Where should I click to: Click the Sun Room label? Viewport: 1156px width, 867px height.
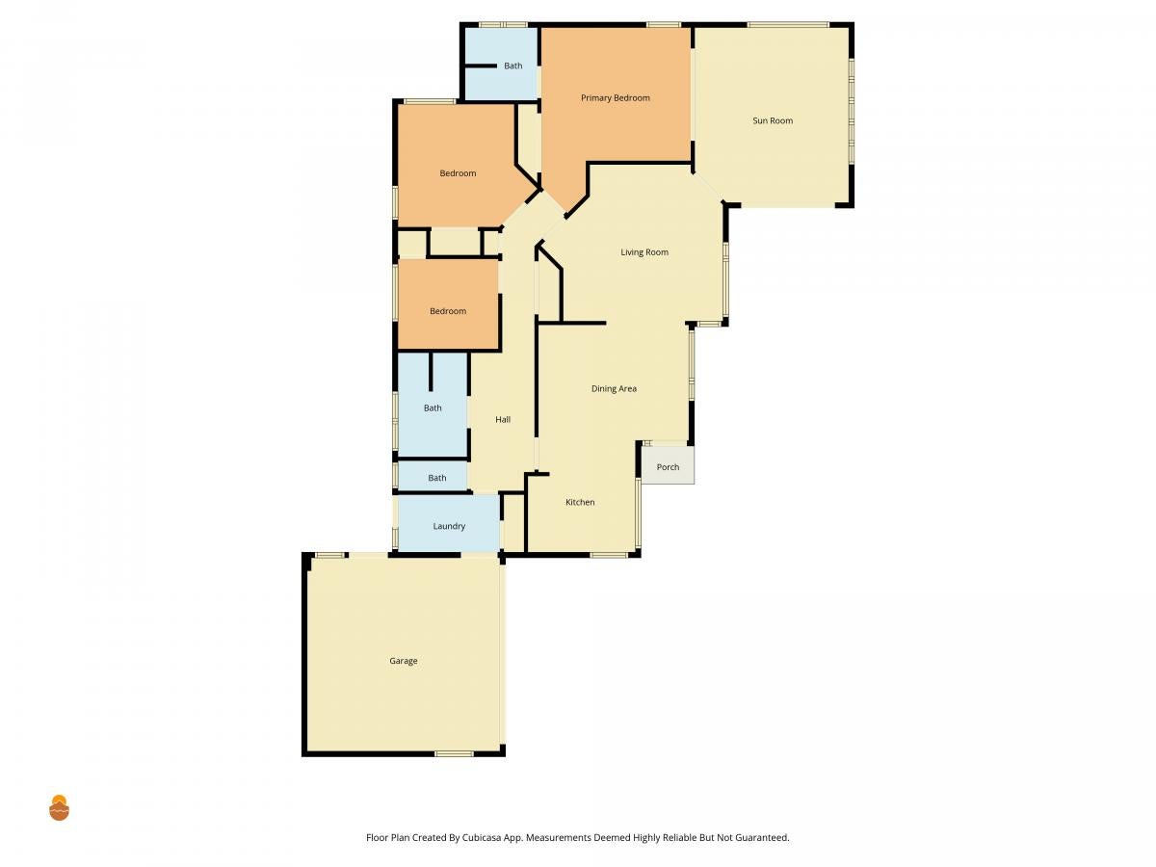click(772, 120)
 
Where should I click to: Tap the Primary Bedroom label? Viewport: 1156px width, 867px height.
click(615, 98)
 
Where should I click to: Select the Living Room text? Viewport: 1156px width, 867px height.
click(644, 252)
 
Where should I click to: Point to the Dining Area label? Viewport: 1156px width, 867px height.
click(614, 388)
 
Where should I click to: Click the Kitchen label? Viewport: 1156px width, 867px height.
click(580, 502)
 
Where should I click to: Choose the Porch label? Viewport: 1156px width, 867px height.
click(668, 467)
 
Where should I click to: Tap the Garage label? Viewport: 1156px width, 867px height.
click(403, 661)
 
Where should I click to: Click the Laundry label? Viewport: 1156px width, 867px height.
click(449, 526)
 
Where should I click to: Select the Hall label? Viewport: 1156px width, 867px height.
click(503, 420)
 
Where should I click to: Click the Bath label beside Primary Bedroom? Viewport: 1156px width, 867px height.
click(512, 66)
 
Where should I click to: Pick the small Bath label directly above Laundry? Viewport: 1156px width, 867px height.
click(436, 478)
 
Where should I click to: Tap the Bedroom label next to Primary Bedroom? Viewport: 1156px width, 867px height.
click(458, 173)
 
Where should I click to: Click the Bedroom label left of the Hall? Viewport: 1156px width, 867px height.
click(448, 311)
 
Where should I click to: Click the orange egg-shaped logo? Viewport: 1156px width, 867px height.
click(59, 807)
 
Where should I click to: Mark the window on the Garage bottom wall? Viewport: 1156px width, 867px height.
click(454, 754)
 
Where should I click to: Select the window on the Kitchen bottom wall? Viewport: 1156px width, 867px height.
click(608, 555)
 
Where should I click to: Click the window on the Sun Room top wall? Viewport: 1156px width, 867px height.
click(788, 24)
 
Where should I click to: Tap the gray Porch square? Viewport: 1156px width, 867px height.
click(668, 465)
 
